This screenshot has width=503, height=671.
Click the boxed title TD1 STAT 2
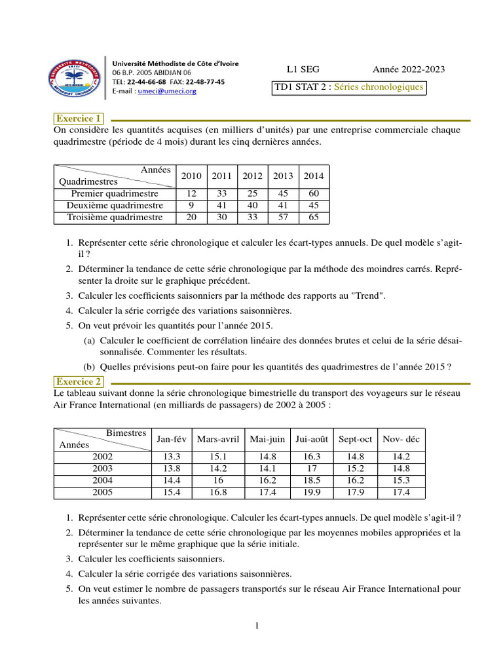pyautogui.click(x=349, y=87)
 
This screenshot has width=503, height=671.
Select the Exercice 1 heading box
pyautogui.click(x=79, y=119)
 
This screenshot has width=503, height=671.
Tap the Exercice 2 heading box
pyautogui.click(x=79, y=381)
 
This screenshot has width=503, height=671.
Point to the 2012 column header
pyautogui.click(x=252, y=176)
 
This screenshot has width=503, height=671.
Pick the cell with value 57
pyautogui.click(x=283, y=218)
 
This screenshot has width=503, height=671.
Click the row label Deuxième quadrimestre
pyautogui.click(x=115, y=206)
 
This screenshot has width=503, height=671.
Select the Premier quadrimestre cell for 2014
pyautogui.click(x=314, y=194)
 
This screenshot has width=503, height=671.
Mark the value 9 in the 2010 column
pyautogui.click(x=191, y=206)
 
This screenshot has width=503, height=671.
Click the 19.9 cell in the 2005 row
pyautogui.click(x=312, y=492)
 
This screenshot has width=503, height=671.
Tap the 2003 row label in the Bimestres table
pyautogui.click(x=102, y=469)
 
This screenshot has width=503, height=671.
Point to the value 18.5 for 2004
pyautogui.click(x=312, y=480)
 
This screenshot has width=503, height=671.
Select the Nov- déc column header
pyautogui.click(x=401, y=439)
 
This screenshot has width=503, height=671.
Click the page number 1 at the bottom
pyautogui.click(x=257, y=626)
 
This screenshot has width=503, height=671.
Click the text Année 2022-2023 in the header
pyautogui.click(x=408, y=69)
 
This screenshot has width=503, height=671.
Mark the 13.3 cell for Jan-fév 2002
pyautogui.click(x=171, y=457)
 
